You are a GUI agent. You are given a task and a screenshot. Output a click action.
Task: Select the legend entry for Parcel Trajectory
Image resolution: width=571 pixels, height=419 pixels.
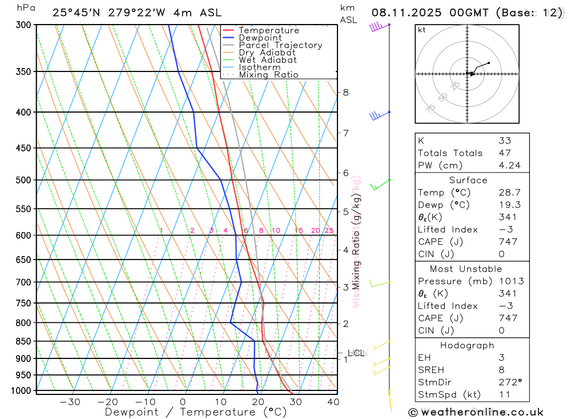click(280, 45)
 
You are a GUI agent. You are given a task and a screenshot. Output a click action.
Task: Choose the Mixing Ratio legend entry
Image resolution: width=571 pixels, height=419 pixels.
click(268, 75)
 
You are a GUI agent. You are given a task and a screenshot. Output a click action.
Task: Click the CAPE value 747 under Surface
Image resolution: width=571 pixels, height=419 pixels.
click(508, 242)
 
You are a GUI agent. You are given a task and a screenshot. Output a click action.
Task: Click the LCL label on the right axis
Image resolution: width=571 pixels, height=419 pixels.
click(356, 353)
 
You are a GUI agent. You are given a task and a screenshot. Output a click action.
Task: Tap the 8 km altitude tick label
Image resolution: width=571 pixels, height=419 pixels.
click(345, 92)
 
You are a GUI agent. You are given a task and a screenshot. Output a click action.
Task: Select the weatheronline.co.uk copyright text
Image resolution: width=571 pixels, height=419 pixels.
click(476, 412)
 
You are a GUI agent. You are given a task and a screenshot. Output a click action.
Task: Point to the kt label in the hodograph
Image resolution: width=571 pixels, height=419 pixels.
click(422, 30)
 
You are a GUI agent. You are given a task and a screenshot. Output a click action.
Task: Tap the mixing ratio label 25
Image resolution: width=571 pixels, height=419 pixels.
click(329, 231)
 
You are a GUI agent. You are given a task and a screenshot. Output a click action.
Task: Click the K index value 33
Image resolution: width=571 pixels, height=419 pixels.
click(504, 141)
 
